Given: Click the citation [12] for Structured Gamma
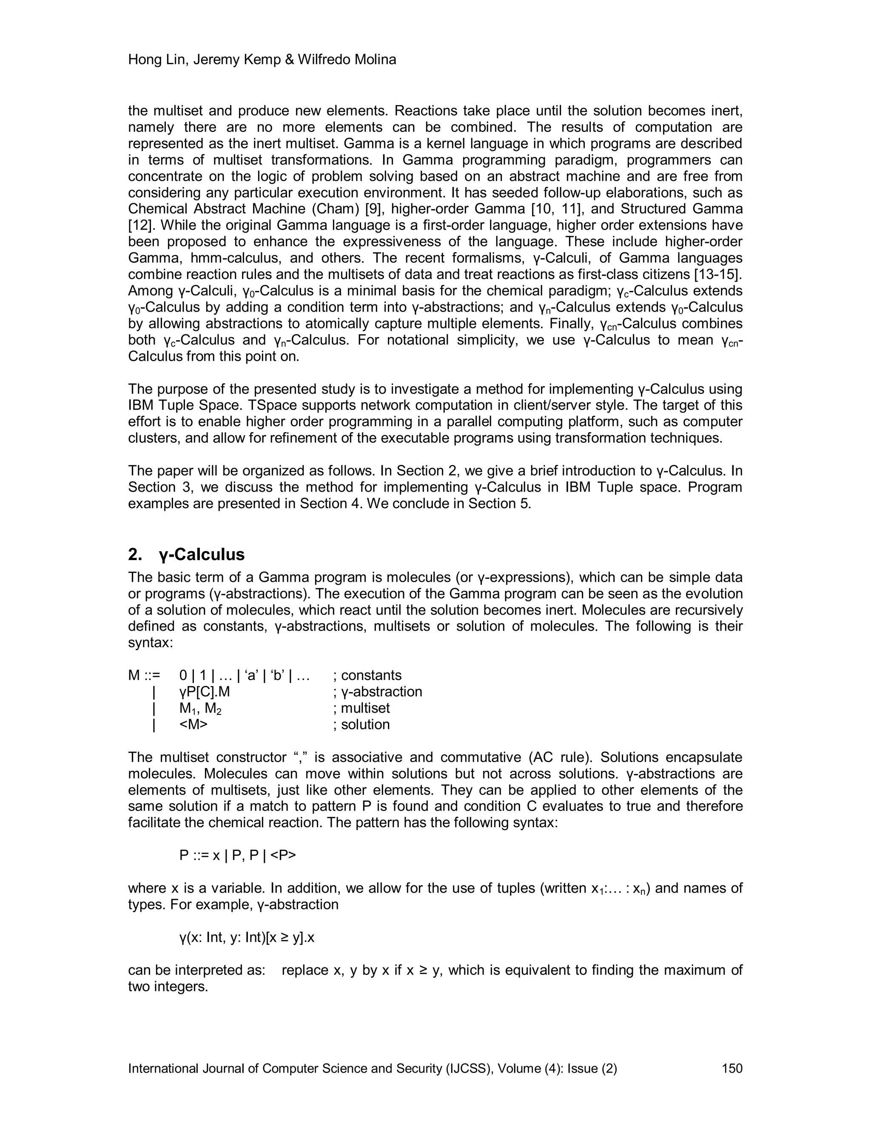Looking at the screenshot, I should [x=138, y=225].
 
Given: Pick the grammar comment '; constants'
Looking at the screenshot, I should [x=367, y=675].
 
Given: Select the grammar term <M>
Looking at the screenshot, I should [x=194, y=725].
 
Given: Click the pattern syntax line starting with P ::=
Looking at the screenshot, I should [x=238, y=855].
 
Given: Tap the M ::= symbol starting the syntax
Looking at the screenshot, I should [x=145, y=675].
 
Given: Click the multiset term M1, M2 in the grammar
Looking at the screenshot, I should [x=201, y=709].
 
